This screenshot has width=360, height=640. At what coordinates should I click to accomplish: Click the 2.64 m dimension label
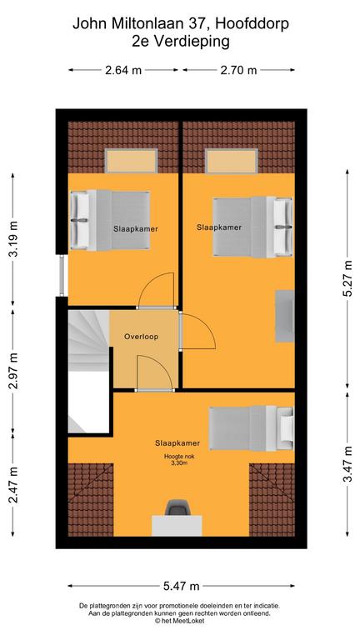click(x=123, y=70)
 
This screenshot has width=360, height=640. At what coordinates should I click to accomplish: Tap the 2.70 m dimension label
click(x=239, y=70)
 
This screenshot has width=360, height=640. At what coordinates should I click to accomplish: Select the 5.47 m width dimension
click(x=181, y=587)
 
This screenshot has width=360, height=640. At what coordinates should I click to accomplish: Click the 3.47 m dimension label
click(x=347, y=463)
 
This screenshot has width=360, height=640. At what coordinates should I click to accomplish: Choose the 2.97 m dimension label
click(x=13, y=371)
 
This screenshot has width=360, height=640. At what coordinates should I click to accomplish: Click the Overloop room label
click(x=141, y=337)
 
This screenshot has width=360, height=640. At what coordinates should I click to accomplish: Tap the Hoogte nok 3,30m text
click(x=177, y=460)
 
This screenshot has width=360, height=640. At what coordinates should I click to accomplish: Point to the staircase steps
click(x=87, y=340)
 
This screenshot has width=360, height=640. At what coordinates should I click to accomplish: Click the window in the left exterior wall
click(x=62, y=275)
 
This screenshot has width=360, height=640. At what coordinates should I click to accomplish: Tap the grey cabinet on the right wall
click(x=285, y=316)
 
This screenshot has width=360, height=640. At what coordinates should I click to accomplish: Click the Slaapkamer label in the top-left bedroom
click(x=136, y=229)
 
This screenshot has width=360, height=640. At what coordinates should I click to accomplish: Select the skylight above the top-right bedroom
click(x=232, y=161)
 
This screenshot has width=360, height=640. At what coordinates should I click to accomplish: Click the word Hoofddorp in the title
click(x=252, y=24)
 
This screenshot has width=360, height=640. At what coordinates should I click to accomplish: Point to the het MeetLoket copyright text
click(x=179, y=621)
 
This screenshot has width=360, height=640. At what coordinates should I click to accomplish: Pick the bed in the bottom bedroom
click(x=252, y=428)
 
